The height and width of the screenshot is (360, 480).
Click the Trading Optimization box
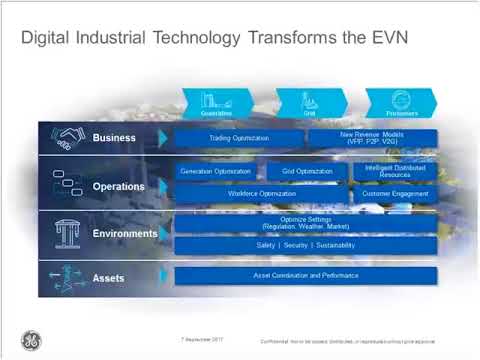point(234,138)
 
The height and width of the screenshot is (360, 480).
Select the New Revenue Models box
point(370,138)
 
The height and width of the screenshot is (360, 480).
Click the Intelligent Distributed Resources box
point(395,172)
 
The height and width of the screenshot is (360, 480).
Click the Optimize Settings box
point(306,222)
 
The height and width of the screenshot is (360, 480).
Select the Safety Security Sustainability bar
point(306,245)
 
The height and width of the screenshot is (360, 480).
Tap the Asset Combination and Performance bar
point(306,274)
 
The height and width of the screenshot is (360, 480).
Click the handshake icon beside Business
point(68,138)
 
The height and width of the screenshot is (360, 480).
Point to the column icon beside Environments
point(68,232)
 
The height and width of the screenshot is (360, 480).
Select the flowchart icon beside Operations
point(68,185)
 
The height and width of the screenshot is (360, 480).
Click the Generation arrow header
point(218,100)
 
